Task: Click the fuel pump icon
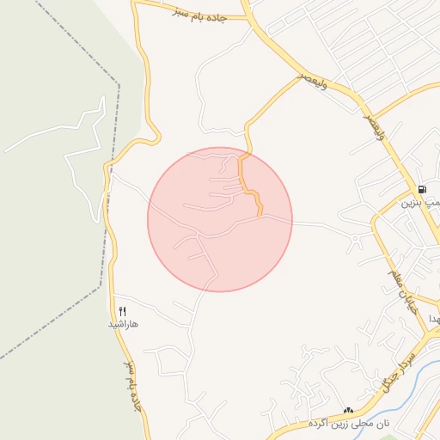coord(421,190)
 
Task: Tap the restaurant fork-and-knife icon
coord(122,311)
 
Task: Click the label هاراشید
coord(123,325)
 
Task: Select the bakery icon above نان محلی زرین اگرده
coord(349,412)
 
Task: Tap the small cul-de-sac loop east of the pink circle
coord(354,238)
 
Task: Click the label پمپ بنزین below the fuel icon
coord(422,204)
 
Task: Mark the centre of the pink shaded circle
coord(220,219)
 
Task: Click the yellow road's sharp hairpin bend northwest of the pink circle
coord(157,137)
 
